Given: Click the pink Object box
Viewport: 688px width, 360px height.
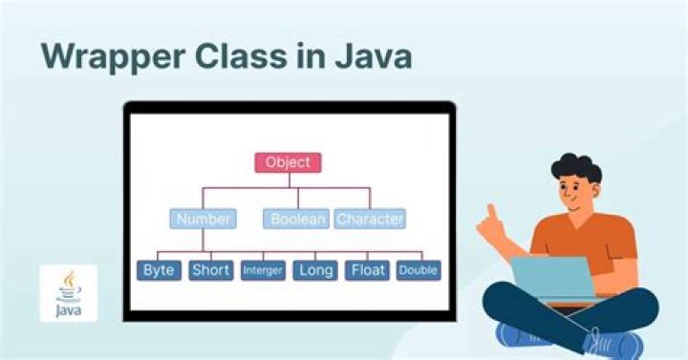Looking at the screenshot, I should coord(288,162).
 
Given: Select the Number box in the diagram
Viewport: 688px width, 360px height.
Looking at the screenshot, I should coord(203,219).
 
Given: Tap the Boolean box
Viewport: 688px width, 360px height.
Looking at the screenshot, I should coord(296,219).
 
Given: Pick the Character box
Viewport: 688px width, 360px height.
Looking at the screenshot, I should coord(370,219).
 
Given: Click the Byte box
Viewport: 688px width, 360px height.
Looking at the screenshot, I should coord(159,270).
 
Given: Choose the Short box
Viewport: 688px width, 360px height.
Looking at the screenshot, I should coord(210,270).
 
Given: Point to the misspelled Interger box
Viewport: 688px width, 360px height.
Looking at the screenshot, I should coord(263,271).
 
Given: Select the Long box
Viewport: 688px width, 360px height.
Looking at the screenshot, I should coord(314,270).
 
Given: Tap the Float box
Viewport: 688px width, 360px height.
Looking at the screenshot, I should coord(368,270).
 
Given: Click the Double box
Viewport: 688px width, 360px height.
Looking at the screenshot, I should coord(419,271).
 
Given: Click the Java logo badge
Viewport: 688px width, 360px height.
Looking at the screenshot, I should coord(68,292).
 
